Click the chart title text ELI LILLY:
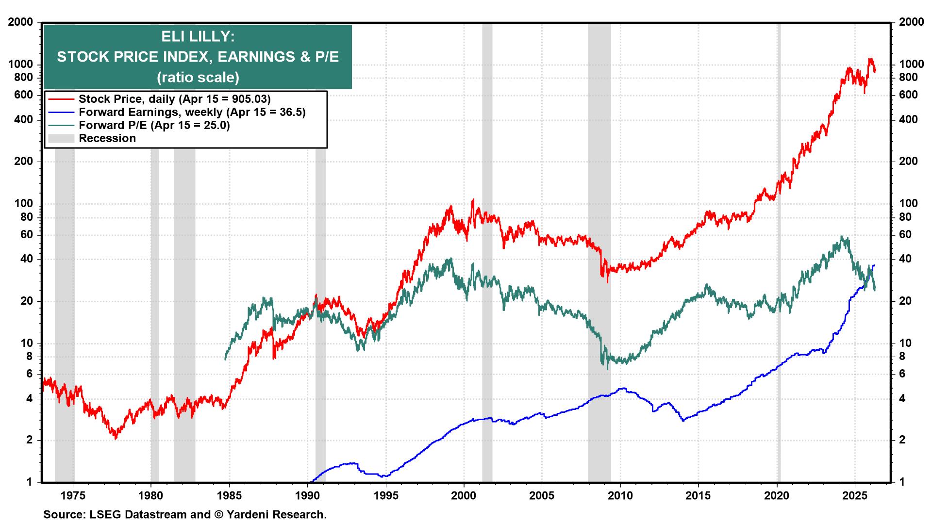tap(198, 36)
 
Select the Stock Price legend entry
tap(174, 99)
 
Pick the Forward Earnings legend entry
tap(192, 112)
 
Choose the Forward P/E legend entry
tap(154, 125)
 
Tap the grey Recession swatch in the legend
tap(61, 138)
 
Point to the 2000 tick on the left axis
tap(20, 22)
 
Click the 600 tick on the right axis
tap(908, 95)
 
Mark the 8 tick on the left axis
tap(29, 356)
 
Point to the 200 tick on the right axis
tap(908, 162)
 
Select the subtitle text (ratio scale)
tap(198, 77)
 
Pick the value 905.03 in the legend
tap(247, 99)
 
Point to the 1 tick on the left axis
tap(29, 482)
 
